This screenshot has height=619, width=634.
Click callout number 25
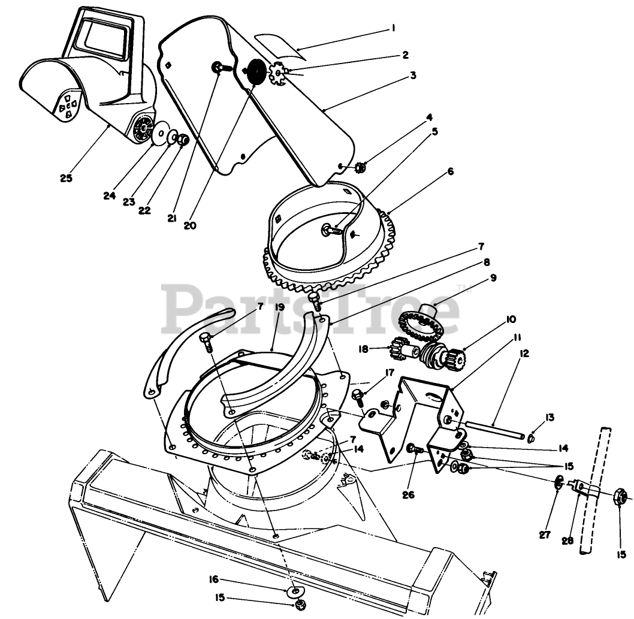pyautogui.click(x=66, y=177)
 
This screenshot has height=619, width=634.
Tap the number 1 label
pyautogui.click(x=393, y=28)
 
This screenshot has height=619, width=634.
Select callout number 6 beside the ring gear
pyautogui.click(x=449, y=171)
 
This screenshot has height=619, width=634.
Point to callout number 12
pyautogui.click(x=524, y=354)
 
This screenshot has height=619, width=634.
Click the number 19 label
pyautogui.click(x=279, y=307)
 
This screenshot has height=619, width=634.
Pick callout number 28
pyautogui.click(x=567, y=540)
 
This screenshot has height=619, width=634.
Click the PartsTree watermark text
pyautogui.click(x=312, y=309)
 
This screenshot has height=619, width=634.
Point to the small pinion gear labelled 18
pyautogui.click(x=400, y=348)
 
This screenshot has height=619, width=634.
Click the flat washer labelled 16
pyautogui.click(x=295, y=591)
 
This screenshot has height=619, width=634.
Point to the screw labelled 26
pyautogui.click(x=415, y=449)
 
